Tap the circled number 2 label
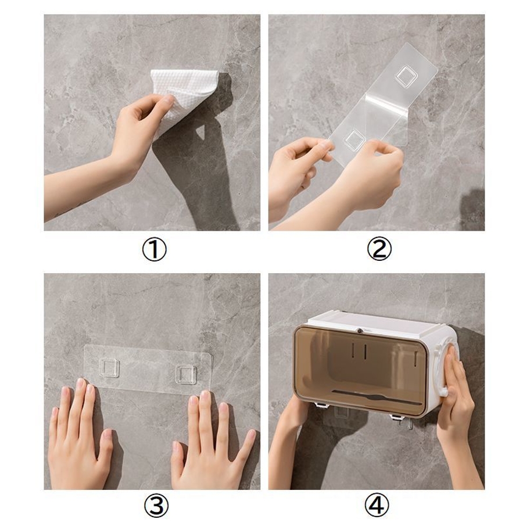click(379, 249)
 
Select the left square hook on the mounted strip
click(109, 368)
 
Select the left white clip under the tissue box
click(322, 405)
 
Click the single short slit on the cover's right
click(415, 357)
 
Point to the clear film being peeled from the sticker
click(387, 115)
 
